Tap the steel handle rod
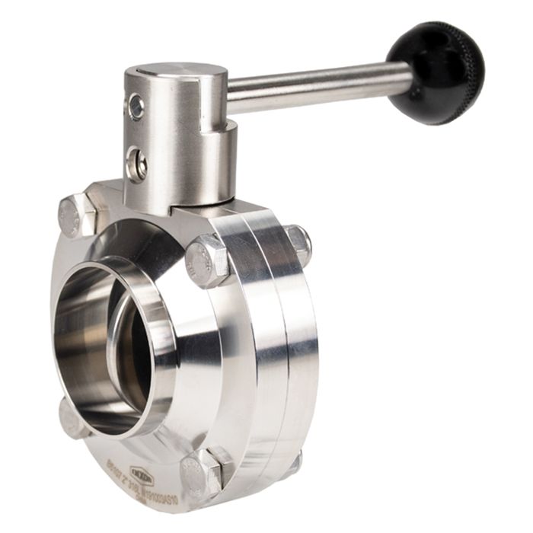(x=320, y=86)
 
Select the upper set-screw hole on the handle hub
(x=136, y=107)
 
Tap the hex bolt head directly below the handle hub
(x=206, y=260)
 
